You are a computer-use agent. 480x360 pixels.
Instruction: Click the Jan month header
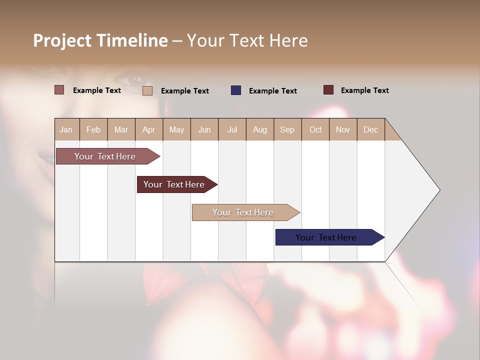[x=66, y=129]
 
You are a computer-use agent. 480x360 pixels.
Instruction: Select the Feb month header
[x=93, y=129]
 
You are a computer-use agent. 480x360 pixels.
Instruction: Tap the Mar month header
[x=121, y=129]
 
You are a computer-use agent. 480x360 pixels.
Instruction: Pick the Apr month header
[x=149, y=129]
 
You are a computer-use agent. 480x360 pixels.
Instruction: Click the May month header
[x=176, y=129]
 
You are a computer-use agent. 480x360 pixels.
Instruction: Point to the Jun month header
[x=204, y=129]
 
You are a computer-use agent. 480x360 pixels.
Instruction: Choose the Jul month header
[x=232, y=129]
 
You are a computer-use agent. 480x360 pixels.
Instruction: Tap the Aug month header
[x=260, y=129]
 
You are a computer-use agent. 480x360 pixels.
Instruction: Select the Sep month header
[x=287, y=129]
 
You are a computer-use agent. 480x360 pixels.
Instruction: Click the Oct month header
[x=315, y=129]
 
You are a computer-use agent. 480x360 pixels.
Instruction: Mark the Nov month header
[x=343, y=129]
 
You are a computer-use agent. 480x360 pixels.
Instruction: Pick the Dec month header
[x=371, y=129]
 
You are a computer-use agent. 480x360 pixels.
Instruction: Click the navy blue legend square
[x=236, y=90]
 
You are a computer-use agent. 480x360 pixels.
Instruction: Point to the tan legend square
[x=147, y=90]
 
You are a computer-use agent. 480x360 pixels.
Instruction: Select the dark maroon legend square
[x=328, y=90]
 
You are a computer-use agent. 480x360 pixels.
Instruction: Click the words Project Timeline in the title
[x=100, y=40]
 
